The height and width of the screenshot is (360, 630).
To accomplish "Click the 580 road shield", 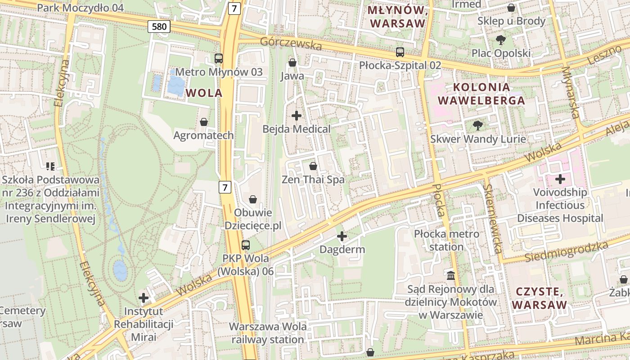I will point(159,27).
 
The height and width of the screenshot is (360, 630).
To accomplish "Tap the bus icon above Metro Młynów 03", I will point(219,58).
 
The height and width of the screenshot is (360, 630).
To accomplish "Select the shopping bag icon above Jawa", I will point(292,63).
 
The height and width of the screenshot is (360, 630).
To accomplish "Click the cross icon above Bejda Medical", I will point(297,116).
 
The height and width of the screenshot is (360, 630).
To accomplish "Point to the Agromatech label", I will point(204,135).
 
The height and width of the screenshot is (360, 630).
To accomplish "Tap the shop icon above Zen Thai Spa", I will point(313,166).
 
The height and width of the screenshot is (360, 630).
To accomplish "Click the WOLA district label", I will point(204,93).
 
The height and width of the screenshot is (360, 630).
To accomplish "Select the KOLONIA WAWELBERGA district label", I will point(481,94).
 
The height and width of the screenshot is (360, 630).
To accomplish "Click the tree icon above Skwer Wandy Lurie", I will point(478,126).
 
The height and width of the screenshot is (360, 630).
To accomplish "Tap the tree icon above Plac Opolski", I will point(500,40).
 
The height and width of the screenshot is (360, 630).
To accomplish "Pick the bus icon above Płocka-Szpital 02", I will point(400,52).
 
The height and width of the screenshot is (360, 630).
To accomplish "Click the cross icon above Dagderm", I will point(342,236).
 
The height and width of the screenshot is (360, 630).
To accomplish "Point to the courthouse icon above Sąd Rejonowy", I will point(451,275).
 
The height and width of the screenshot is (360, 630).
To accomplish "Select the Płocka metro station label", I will point(446,240).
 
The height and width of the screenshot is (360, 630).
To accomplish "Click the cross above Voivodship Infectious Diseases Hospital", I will point(560,179).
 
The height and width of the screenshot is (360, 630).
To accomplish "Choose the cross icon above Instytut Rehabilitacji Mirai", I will point(144,298).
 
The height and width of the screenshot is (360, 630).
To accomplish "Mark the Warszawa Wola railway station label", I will point(268,333).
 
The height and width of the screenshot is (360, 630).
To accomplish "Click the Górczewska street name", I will point(291,44).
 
